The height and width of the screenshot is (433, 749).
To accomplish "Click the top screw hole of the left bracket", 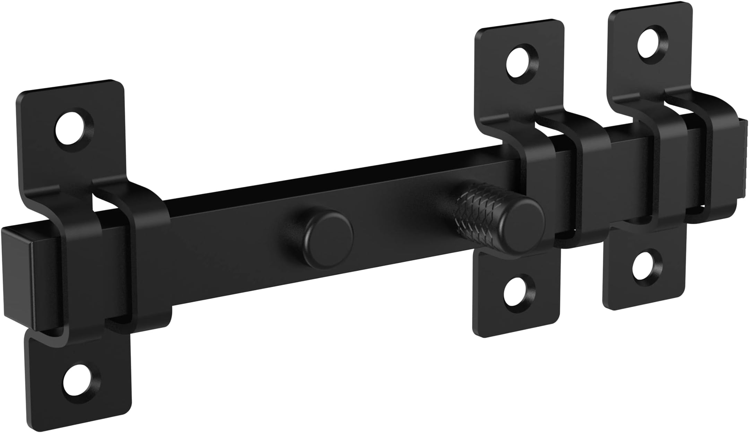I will [74, 130].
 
